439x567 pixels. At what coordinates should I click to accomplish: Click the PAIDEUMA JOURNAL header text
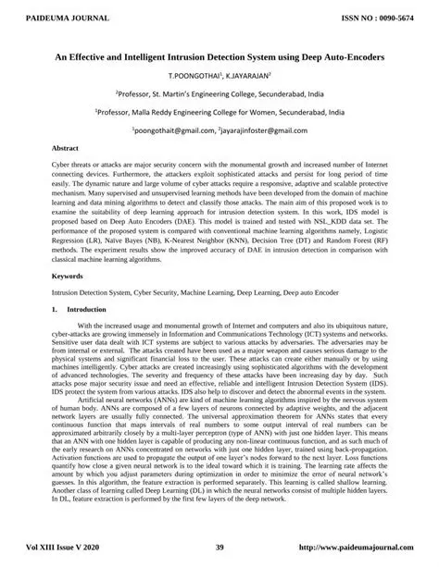(48, 17)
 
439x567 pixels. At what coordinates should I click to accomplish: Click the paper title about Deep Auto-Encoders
(219, 56)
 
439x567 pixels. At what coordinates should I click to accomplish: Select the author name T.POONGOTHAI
(193, 76)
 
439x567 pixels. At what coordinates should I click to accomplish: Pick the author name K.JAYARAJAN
(245, 76)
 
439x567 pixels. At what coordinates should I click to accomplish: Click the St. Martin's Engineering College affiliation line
(219, 93)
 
